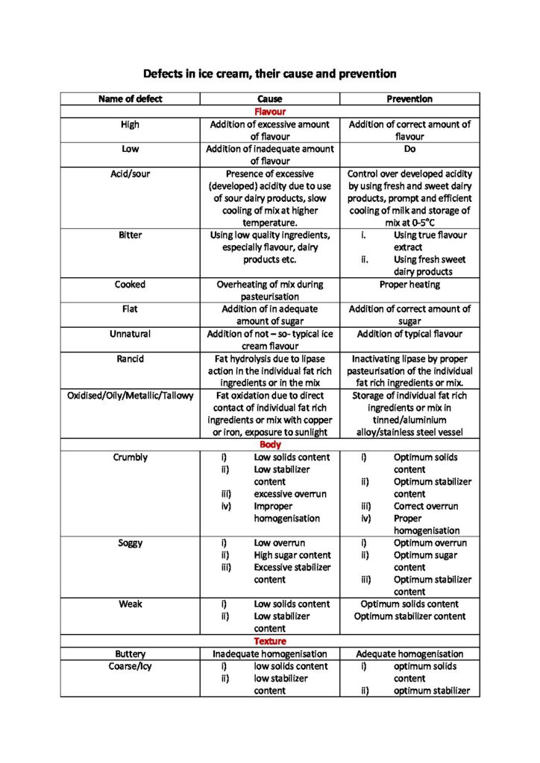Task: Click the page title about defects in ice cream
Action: click(269, 74)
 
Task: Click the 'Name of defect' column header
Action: click(130, 99)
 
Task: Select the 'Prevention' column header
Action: click(409, 99)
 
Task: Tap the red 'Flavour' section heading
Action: click(270, 112)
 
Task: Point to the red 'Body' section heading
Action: click(270, 445)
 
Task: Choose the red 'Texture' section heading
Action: click(270, 641)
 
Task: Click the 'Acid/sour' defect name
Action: click(130, 174)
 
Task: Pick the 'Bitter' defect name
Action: click(130, 235)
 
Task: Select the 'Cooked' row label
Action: click(130, 284)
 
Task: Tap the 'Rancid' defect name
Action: click(130, 358)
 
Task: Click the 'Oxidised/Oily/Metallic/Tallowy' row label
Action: click(130, 396)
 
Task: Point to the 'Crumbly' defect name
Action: click(130, 457)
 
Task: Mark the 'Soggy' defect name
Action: click(130, 543)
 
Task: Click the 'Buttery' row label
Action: click(130, 653)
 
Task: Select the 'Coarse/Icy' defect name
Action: click(130, 666)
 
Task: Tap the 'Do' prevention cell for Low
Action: click(409, 149)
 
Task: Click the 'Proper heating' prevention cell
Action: click(409, 285)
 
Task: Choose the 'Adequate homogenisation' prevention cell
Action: click(409, 653)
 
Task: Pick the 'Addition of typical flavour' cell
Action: click(409, 334)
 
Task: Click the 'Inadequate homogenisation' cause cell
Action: click(270, 653)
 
